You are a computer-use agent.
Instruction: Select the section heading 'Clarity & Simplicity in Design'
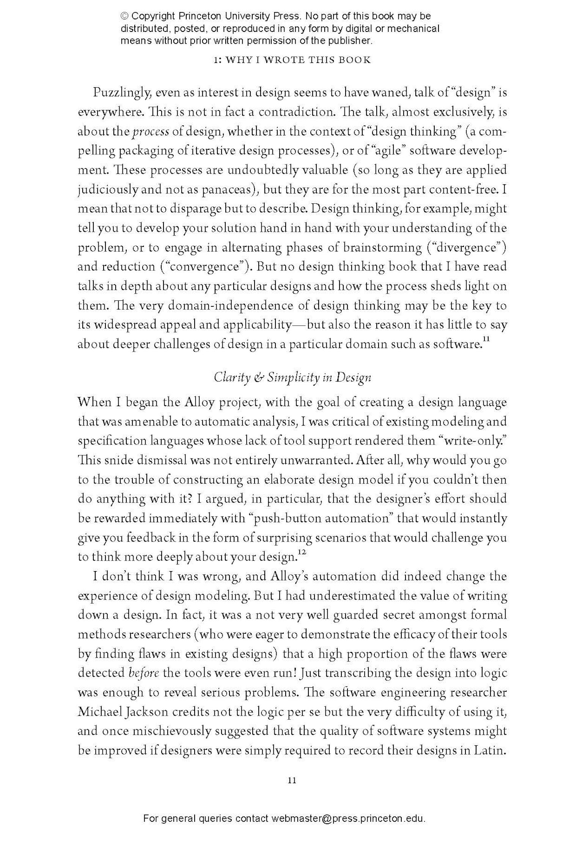(292, 377)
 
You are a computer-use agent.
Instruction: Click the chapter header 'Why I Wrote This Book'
(292, 60)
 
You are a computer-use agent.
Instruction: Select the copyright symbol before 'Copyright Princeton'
(125, 16)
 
